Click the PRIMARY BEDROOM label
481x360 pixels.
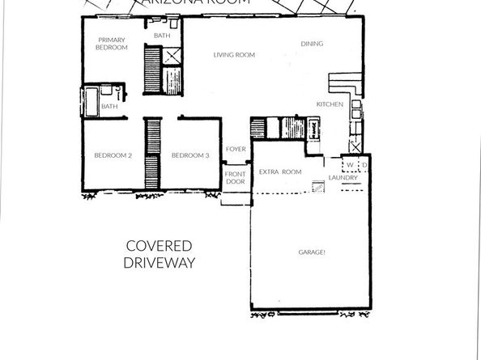[x=113, y=44]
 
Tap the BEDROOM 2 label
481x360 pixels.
[x=113, y=155]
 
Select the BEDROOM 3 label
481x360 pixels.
[x=190, y=155]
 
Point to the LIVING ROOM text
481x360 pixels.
[x=234, y=55]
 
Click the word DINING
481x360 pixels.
[x=312, y=44]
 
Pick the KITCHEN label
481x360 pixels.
[x=330, y=104]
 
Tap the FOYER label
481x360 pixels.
[x=236, y=149]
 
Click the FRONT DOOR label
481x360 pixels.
[x=236, y=179]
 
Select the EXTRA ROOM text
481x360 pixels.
[x=280, y=172]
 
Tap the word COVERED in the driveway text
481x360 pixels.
[x=159, y=246]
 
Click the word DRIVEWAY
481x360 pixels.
[x=160, y=263]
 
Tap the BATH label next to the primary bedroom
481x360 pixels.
[x=163, y=36]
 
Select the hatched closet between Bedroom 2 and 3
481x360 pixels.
[x=151, y=155]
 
